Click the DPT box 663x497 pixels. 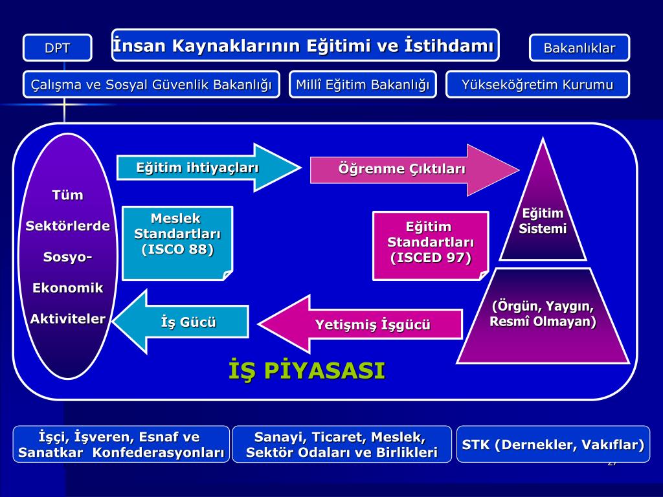[57, 48]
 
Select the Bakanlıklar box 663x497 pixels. [579, 48]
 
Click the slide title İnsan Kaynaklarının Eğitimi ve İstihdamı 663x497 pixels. [304, 46]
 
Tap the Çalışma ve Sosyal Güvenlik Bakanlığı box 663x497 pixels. [152, 84]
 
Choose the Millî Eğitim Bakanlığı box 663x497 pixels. [363, 84]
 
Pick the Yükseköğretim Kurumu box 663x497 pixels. [537, 84]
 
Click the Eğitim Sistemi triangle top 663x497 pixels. [543, 221]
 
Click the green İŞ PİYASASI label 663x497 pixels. [307, 371]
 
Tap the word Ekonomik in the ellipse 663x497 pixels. [68, 288]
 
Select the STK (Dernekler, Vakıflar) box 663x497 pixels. [553, 445]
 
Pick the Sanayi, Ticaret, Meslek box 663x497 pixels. [342, 445]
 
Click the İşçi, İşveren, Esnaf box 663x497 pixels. [121, 445]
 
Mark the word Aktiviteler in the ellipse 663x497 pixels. [68, 318]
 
